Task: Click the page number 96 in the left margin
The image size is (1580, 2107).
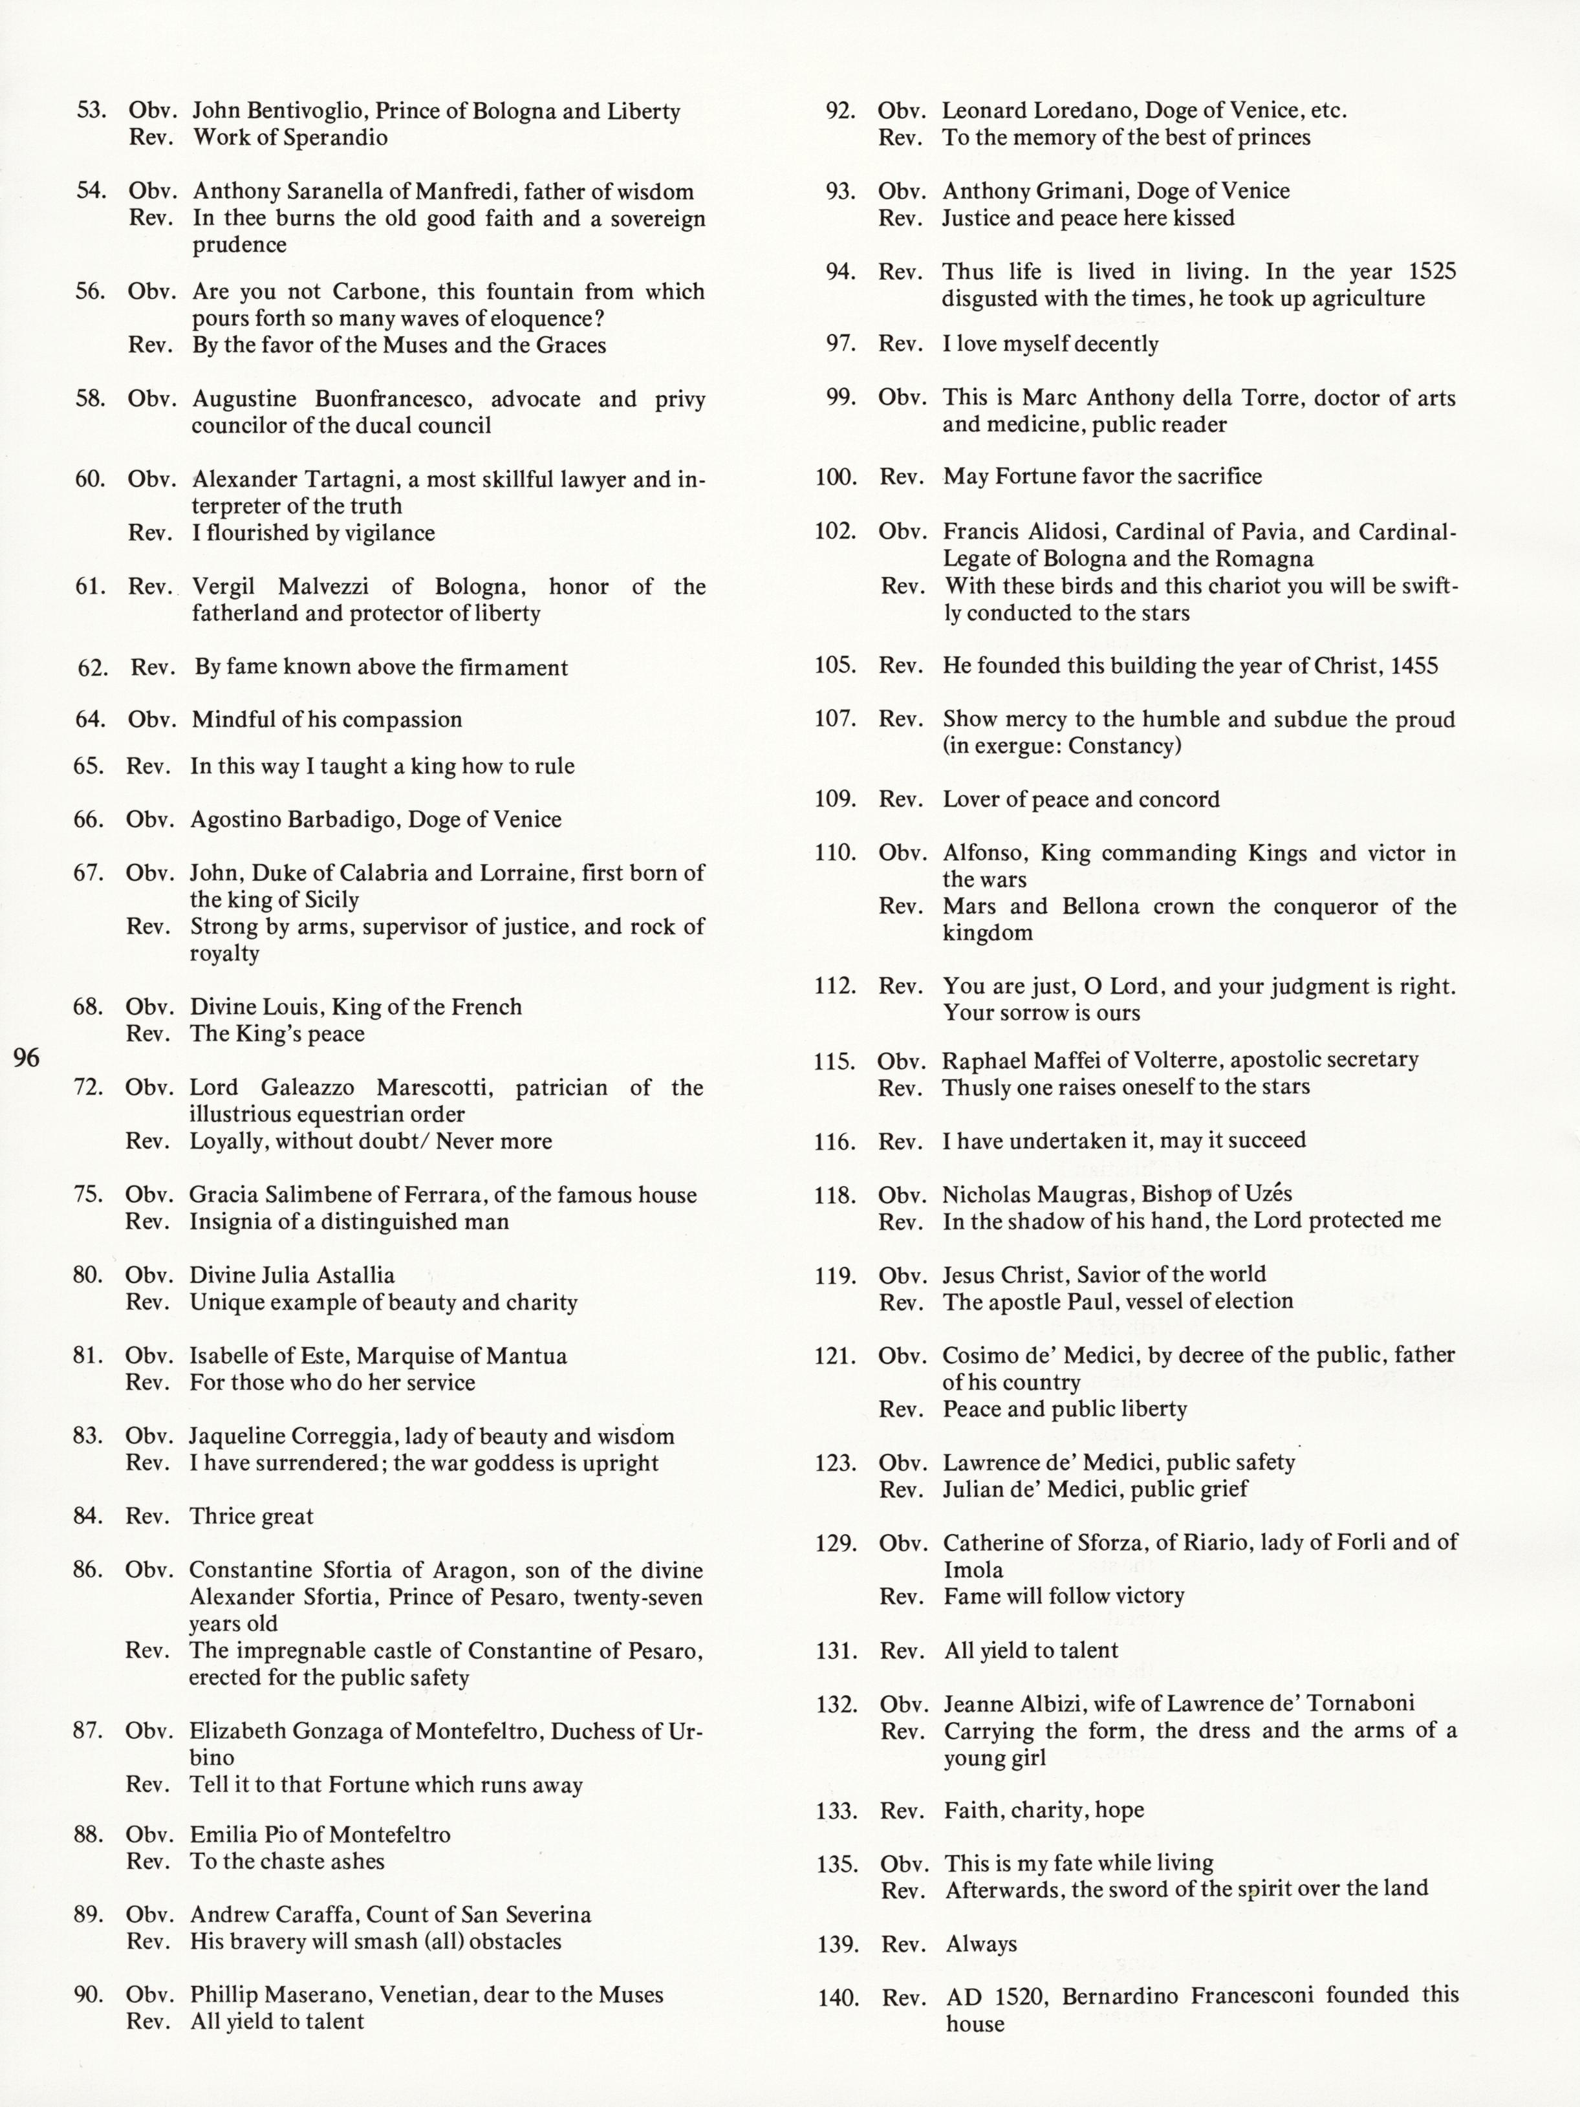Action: click(x=27, y=1057)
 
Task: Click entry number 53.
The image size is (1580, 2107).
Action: click(x=91, y=111)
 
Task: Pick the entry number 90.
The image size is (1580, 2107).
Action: click(x=89, y=1994)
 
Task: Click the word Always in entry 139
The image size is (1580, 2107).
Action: click(x=981, y=1944)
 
